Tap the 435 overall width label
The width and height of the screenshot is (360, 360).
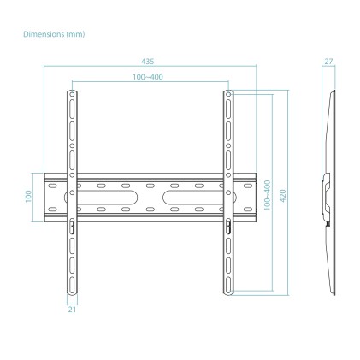click(x=150, y=62)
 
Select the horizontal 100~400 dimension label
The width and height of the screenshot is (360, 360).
click(x=149, y=78)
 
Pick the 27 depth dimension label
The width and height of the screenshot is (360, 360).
click(x=328, y=61)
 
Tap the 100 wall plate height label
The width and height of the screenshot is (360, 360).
click(x=28, y=196)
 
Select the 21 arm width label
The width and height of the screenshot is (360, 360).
click(x=72, y=311)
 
